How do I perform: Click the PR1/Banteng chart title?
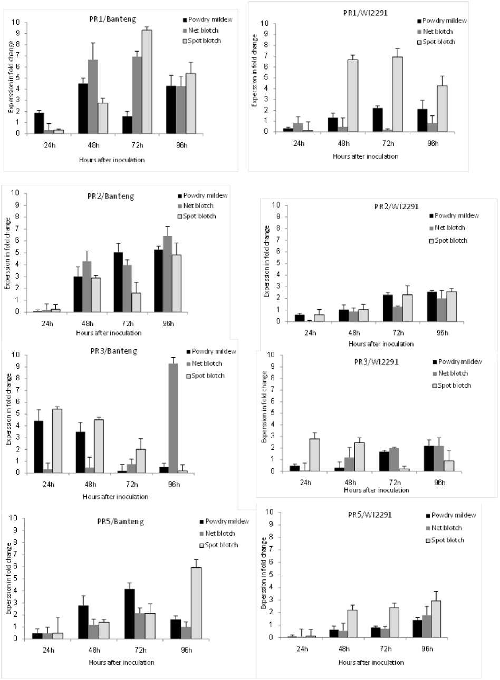click(112, 19)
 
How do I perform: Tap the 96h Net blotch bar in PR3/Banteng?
click(173, 418)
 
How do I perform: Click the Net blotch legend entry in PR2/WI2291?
click(448, 228)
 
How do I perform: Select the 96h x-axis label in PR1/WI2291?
click(432, 143)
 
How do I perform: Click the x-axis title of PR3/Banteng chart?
click(116, 497)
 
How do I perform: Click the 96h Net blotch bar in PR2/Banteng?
click(168, 274)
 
